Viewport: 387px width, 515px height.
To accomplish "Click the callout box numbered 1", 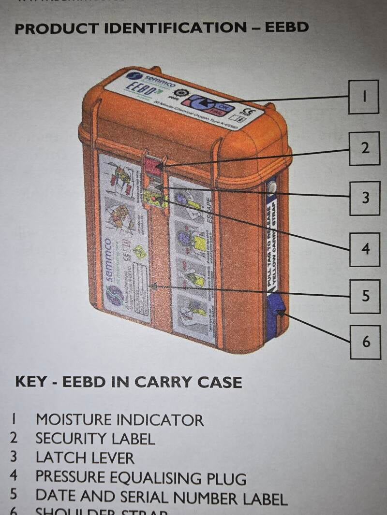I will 364,96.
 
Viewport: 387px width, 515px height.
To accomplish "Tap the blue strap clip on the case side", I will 276,311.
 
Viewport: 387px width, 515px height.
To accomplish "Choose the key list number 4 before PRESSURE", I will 14,475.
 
